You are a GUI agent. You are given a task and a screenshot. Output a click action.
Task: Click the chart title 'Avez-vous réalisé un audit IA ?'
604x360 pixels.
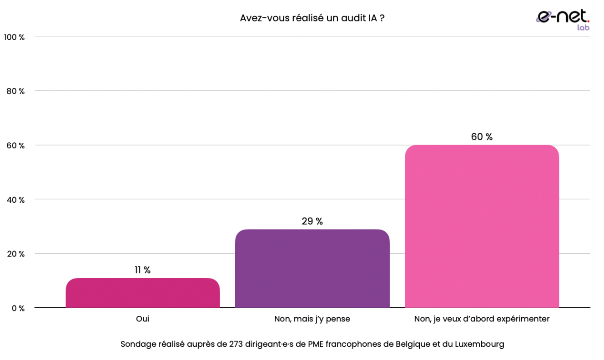(x=312, y=18)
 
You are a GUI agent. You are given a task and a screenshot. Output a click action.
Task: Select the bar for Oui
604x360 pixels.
(x=143, y=293)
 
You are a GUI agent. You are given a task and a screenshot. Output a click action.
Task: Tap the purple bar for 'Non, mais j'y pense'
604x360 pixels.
(x=312, y=269)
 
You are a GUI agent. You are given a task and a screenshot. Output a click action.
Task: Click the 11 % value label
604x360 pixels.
(x=142, y=270)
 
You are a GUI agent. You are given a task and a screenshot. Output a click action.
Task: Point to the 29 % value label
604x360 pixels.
(x=312, y=221)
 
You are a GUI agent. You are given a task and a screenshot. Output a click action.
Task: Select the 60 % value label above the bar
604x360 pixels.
(x=482, y=137)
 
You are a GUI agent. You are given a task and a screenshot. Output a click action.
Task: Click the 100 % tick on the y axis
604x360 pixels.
(x=14, y=37)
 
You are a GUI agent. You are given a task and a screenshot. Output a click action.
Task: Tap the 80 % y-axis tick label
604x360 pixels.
(x=15, y=91)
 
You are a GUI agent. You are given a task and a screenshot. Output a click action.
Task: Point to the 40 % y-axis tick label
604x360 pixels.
(x=15, y=200)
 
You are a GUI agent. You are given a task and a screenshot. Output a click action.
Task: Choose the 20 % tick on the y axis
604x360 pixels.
(x=15, y=254)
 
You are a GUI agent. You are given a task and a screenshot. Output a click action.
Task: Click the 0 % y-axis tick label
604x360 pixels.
(x=18, y=308)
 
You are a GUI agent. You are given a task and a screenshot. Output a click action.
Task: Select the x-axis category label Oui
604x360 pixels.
(x=142, y=319)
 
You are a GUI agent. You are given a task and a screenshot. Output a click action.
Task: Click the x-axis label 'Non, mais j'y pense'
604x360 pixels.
(x=312, y=319)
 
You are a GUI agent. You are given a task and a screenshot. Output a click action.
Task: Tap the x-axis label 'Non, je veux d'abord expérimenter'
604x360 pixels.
(x=482, y=319)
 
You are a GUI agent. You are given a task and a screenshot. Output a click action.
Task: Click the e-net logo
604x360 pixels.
(x=562, y=17)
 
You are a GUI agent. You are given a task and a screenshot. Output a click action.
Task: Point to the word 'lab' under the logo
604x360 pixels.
(x=583, y=28)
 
